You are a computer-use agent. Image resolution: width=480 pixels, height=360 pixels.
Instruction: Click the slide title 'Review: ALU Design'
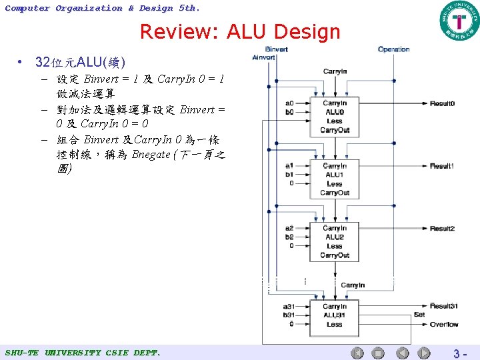tap(240, 31)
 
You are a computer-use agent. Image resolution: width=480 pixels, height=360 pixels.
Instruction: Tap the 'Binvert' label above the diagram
tap(277, 49)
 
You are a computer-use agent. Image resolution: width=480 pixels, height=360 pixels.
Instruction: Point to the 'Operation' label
tap(393, 49)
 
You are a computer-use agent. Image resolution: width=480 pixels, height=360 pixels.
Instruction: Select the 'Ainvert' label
tap(264, 57)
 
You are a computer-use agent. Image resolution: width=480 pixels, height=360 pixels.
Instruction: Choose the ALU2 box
tap(334, 241)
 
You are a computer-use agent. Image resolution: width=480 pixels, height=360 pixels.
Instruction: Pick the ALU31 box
tap(334, 315)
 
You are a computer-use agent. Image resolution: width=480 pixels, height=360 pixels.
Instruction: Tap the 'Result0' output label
tap(442, 104)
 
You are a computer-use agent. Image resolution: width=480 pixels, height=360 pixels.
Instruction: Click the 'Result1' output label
tap(442, 166)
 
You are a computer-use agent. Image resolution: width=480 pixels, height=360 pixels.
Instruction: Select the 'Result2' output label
tap(442, 229)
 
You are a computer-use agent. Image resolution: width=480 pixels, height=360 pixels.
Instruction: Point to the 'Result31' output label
tap(443, 306)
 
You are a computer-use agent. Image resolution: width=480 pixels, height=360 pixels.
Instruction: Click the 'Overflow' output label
tap(443, 325)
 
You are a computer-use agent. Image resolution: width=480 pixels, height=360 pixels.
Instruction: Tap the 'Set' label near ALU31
tap(419, 315)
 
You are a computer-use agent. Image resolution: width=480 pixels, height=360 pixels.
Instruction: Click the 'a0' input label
tap(289, 104)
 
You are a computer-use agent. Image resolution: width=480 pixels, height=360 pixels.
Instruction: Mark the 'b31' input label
tap(289, 315)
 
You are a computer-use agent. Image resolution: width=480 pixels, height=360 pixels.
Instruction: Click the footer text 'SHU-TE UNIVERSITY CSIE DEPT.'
tap(83, 352)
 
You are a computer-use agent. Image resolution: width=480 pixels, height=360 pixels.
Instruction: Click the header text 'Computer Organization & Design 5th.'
tap(102, 8)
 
